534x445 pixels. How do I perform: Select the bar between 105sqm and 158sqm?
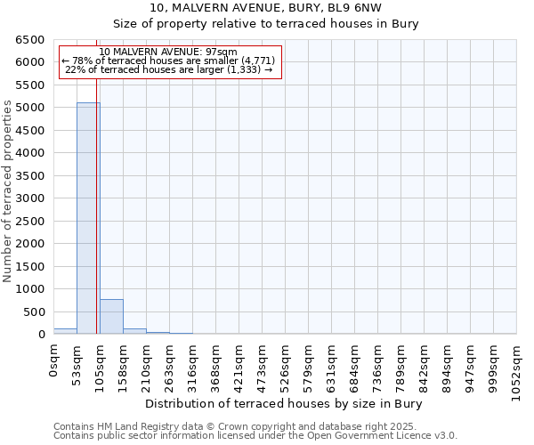111,317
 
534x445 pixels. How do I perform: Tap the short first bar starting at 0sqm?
65,331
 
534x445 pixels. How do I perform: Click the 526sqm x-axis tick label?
286,362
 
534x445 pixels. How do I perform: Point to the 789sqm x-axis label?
401,362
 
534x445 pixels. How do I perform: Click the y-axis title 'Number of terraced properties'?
8,191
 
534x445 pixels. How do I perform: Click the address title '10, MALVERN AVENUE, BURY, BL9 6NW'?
267,7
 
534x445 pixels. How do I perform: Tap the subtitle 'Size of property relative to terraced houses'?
267,23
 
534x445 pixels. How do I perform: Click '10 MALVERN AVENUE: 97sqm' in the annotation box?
168,52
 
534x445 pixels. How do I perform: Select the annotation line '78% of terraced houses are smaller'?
168,61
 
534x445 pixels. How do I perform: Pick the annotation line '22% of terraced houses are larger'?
168,69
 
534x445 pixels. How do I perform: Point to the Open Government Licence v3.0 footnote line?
255,436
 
